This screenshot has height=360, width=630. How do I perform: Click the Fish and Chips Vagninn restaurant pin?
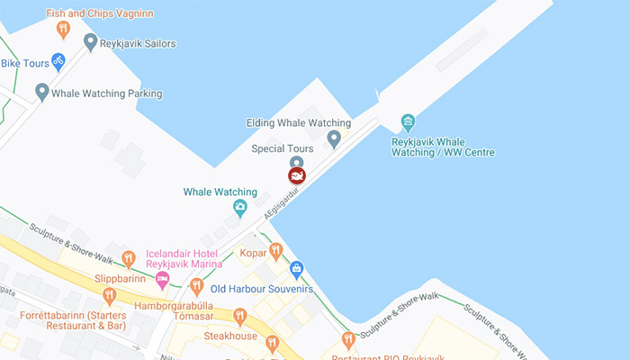[x=62, y=31]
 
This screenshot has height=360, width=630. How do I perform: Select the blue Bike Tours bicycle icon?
[x=58, y=62]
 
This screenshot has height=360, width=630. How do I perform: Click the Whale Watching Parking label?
[x=106, y=93]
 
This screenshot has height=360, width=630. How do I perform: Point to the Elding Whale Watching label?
[x=298, y=122]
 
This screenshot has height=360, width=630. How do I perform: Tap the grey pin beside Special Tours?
[x=334, y=139]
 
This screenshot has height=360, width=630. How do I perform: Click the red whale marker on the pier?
[x=296, y=175]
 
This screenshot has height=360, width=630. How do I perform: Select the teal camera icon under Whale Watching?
[x=240, y=209]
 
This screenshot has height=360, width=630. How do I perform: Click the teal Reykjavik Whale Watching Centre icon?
[x=409, y=121]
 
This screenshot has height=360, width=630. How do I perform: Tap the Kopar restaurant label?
[x=253, y=253]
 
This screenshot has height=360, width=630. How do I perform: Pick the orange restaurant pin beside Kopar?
[x=276, y=250]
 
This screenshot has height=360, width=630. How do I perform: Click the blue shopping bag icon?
[x=296, y=269]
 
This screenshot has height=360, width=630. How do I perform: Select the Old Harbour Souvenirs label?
[x=261, y=289]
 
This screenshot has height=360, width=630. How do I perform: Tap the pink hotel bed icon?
[x=163, y=280]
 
